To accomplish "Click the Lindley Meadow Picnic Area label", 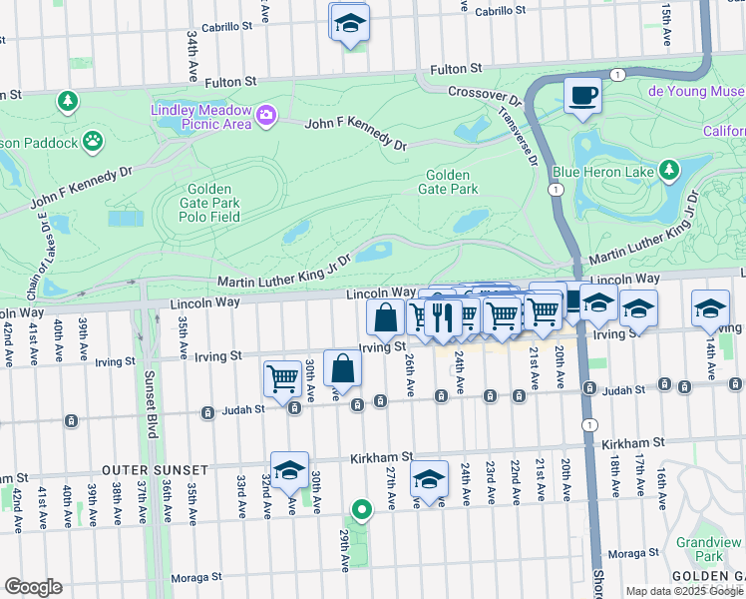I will click(x=200, y=117).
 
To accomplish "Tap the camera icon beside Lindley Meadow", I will click(x=265, y=117).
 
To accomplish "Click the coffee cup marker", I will click(x=582, y=96).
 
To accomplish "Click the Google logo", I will click(x=33, y=587).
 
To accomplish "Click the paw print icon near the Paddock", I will click(x=93, y=141).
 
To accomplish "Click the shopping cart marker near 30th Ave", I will click(x=283, y=378).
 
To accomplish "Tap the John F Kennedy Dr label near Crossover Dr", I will click(x=356, y=133).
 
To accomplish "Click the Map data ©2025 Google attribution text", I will click(x=685, y=591).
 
